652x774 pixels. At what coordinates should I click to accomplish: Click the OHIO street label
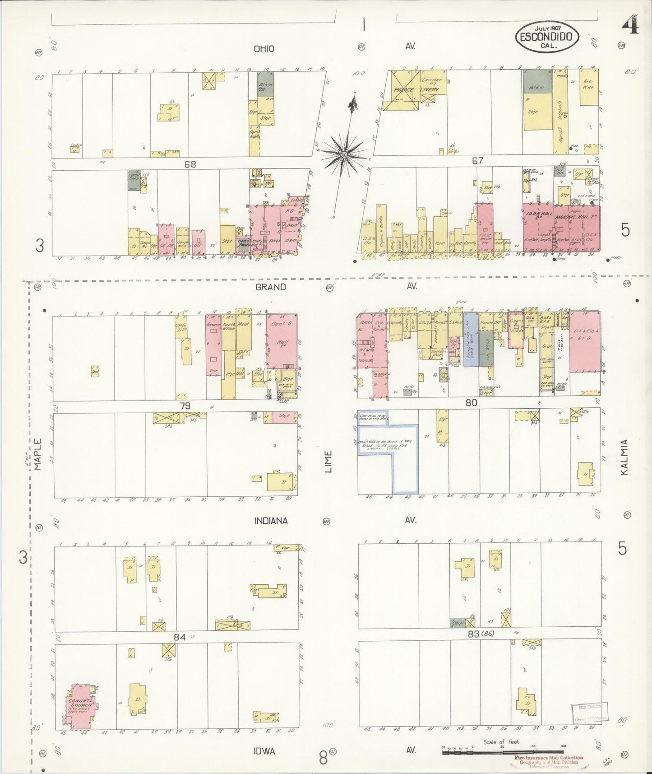click(264, 49)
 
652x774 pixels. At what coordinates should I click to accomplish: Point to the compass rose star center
click(344, 154)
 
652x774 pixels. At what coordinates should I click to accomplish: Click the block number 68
click(190, 164)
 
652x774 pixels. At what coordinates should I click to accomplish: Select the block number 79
click(185, 406)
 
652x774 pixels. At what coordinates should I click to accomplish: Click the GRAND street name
click(270, 287)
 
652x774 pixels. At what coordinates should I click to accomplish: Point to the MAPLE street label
click(37, 454)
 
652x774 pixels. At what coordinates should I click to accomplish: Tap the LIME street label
click(328, 462)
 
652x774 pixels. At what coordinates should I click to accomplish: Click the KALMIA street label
click(624, 457)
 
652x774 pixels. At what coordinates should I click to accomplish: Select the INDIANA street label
click(271, 521)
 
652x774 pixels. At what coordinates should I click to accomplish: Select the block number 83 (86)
click(481, 634)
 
